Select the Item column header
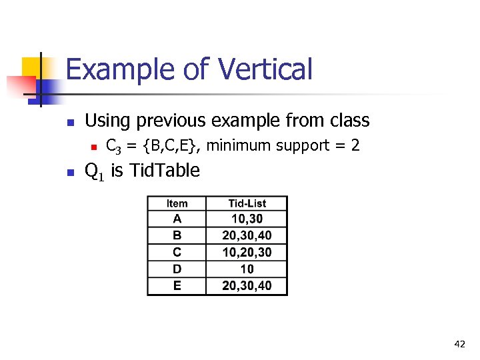(177, 204)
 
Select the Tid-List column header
(247, 204)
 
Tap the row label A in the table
(177, 219)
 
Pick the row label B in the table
(177, 235)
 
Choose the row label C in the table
(177, 252)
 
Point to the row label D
(177, 269)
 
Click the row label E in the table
(177, 285)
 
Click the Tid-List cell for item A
(247, 219)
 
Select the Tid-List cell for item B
(247, 235)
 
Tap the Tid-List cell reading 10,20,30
(247, 252)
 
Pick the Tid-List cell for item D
(247, 269)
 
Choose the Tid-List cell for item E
(247, 286)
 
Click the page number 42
(459, 344)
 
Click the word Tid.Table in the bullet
(164, 171)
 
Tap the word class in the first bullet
(347, 121)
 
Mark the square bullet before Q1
(69, 172)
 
